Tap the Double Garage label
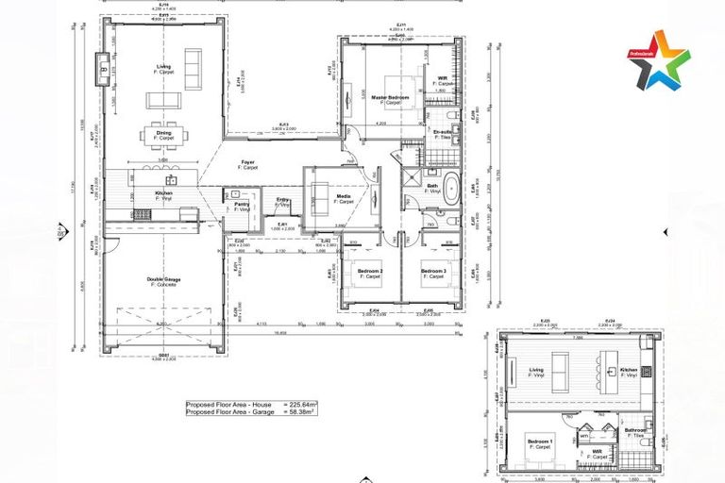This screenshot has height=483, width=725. (163, 280)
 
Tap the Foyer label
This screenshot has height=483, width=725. (247, 162)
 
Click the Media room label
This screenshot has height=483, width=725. (345, 197)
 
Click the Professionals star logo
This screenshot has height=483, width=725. (659, 59)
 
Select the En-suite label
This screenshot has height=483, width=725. (443, 133)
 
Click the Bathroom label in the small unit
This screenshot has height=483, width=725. (634, 431)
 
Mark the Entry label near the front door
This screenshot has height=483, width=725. (283, 201)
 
